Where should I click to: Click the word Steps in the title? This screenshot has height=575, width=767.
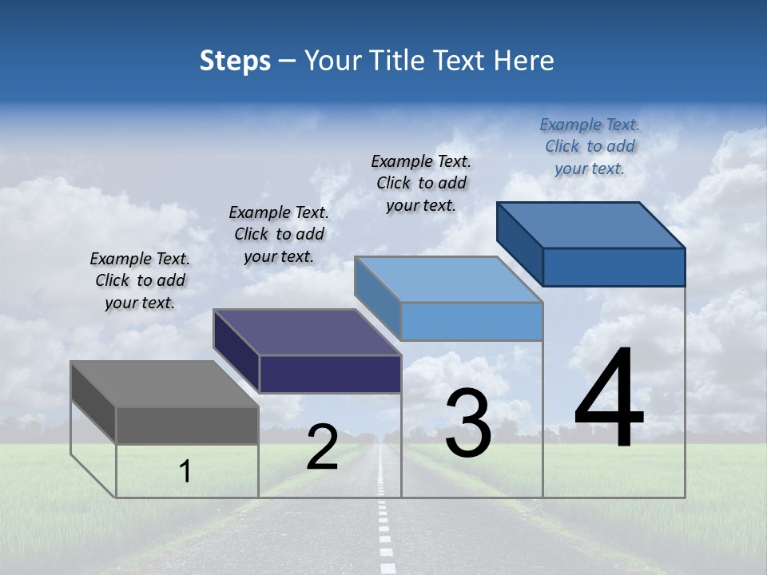235,61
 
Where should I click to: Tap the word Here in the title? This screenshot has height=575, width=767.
524,61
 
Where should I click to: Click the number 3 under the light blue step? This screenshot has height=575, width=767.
468,423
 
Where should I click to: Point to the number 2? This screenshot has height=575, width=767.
322,447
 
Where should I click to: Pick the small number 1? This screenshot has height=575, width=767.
185,471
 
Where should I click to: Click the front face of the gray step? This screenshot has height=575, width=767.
187,426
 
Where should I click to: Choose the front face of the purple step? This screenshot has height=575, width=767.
330,374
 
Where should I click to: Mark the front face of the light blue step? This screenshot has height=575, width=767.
471,321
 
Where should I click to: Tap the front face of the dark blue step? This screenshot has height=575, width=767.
614,267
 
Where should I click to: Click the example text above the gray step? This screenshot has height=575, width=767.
140,280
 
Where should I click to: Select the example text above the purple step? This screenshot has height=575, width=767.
279,234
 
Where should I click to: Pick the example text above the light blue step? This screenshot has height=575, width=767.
421,183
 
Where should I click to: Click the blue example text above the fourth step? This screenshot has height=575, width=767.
590,146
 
